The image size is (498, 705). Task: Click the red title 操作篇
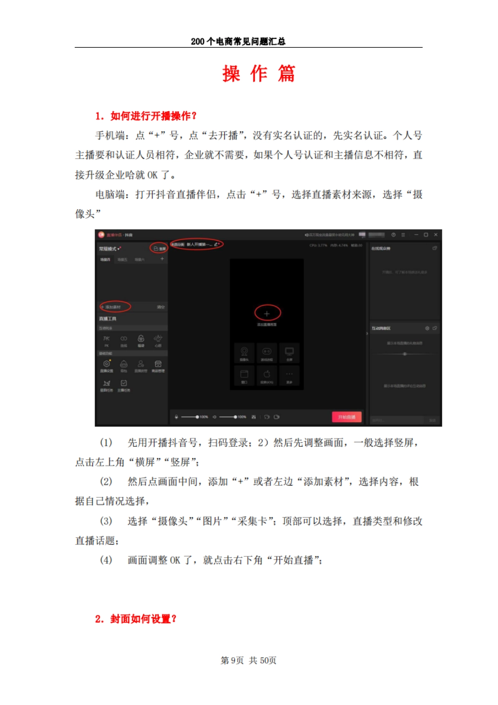click(x=258, y=74)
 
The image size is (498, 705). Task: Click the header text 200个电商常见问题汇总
click(x=238, y=42)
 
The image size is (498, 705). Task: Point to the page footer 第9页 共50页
click(x=248, y=660)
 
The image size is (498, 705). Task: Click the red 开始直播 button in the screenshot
click(x=347, y=417)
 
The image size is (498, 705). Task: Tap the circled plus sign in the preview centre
click(x=267, y=313)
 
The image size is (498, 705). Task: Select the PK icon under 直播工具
click(x=107, y=339)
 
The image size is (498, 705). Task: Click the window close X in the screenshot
click(x=436, y=235)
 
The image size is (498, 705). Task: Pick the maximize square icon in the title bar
click(x=426, y=235)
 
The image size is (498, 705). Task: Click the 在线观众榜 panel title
click(x=381, y=248)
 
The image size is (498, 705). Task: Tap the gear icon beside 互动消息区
click(x=427, y=328)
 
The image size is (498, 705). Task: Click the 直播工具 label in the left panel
click(x=107, y=318)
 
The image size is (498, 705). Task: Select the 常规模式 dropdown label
click(x=108, y=249)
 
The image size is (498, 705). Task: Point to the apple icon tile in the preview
click(x=267, y=375)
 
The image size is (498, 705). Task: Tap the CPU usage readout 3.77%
click(x=318, y=245)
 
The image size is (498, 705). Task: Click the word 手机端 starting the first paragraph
click(x=110, y=135)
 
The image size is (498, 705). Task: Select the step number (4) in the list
click(x=106, y=560)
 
